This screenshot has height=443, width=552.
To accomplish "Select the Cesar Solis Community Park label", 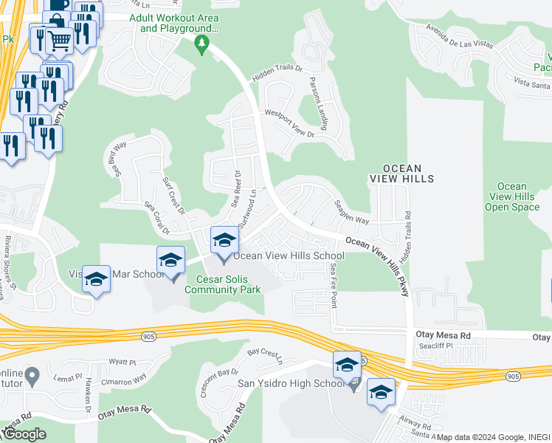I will click(229, 284).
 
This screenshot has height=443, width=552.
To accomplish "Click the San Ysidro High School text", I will click(290, 383).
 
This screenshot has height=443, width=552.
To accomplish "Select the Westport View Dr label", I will click(289, 125).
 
